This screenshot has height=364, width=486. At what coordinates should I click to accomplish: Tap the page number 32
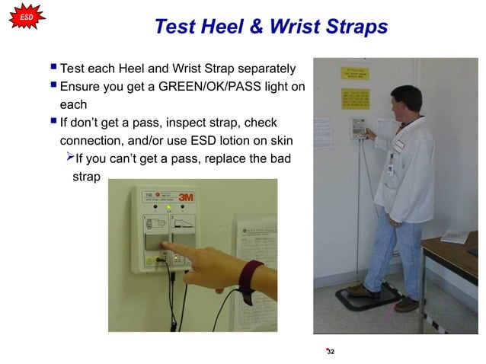[x=330, y=352]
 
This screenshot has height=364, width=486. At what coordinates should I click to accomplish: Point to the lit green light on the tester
[x=168, y=206]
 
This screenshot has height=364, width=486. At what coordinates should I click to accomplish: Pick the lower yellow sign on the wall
[x=355, y=98]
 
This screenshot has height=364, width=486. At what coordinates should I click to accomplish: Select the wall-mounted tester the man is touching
[x=356, y=128]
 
